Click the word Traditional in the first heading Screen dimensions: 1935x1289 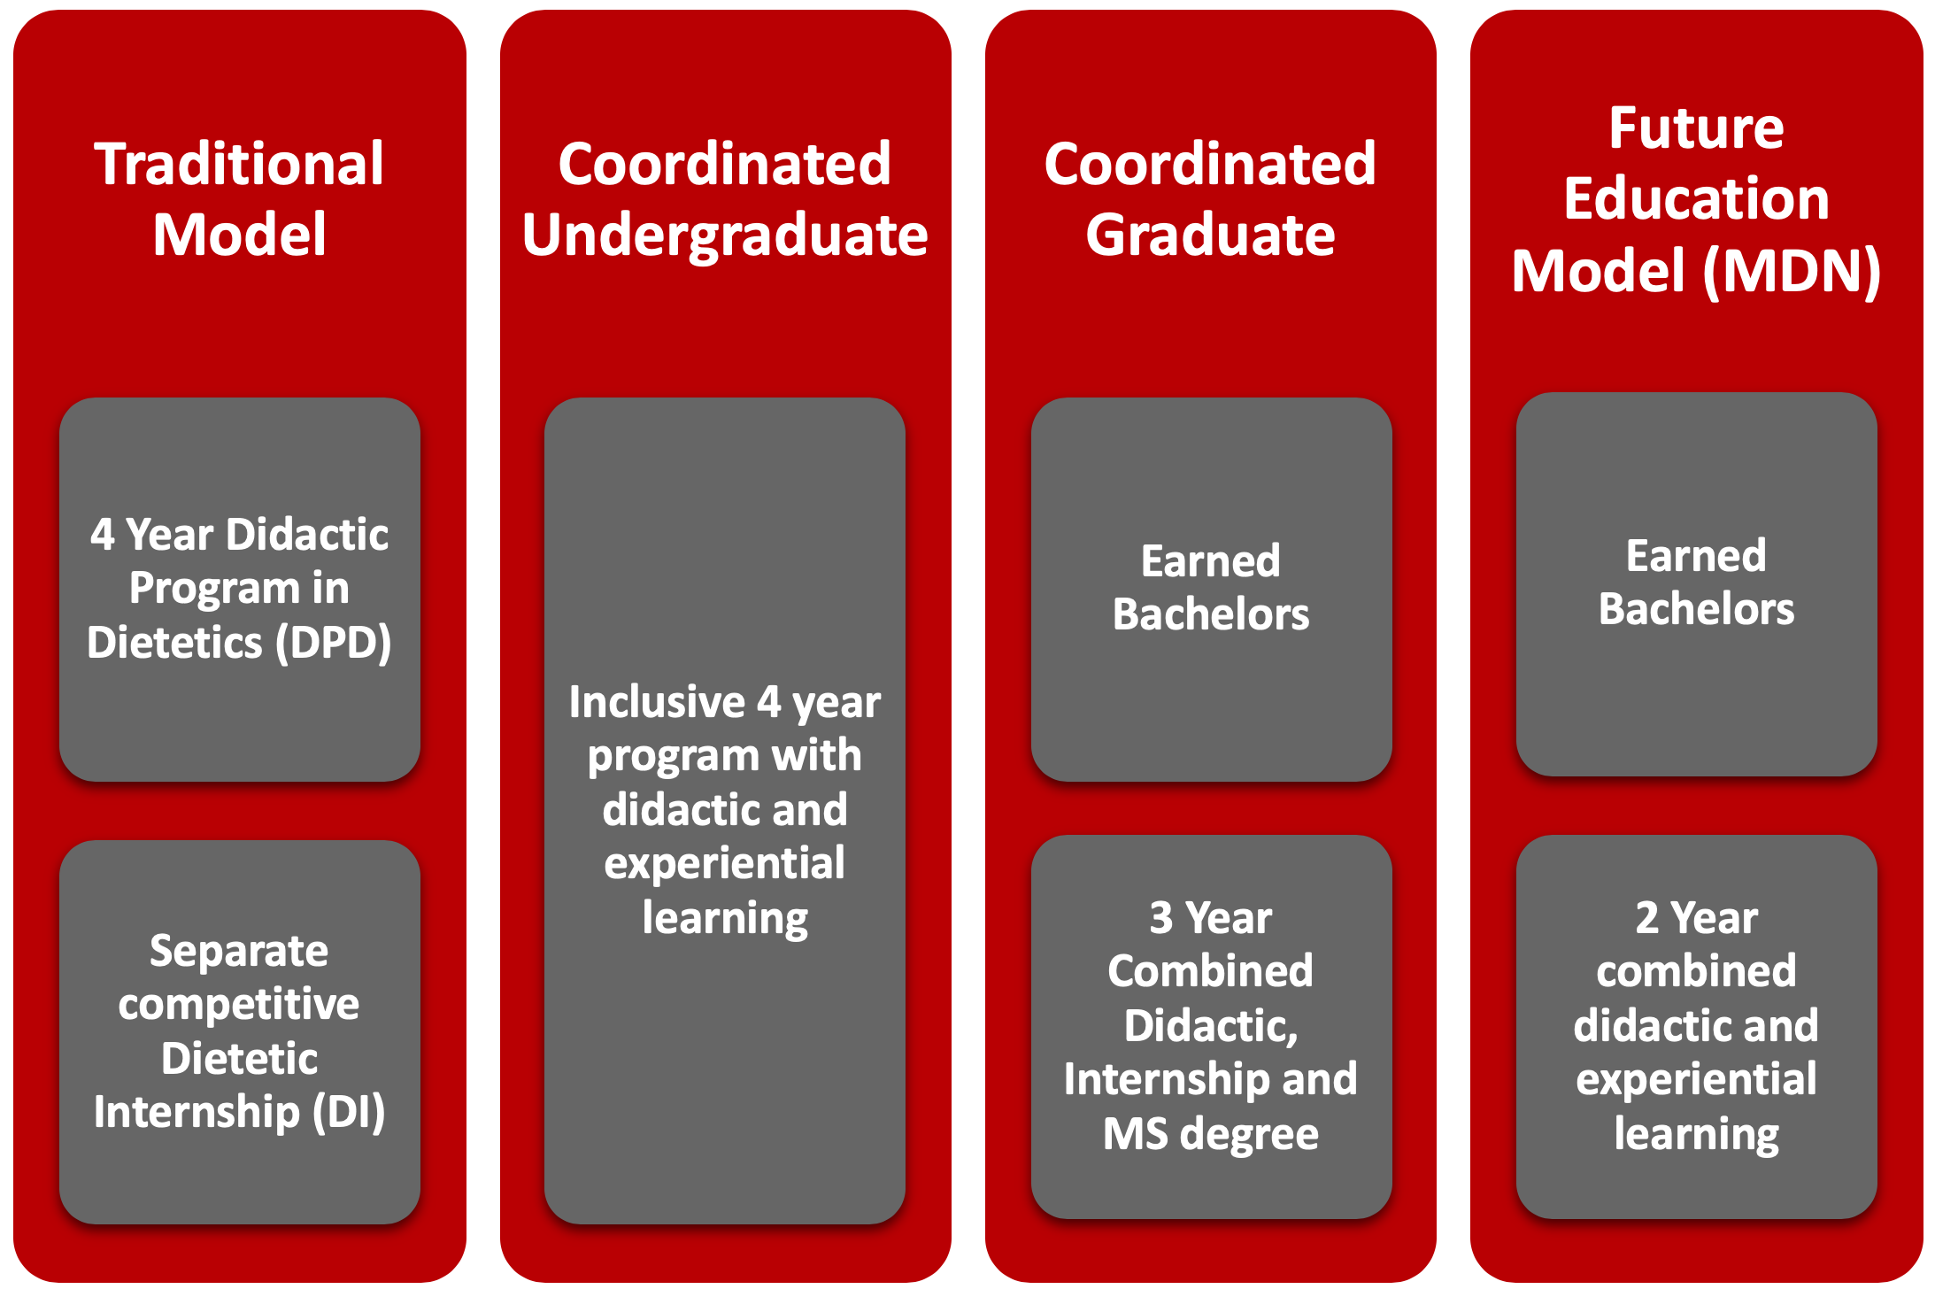pyautogui.click(x=239, y=165)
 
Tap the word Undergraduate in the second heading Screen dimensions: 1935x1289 pyautogui.click(x=725, y=236)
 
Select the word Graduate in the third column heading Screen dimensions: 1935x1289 pyautogui.click(x=1210, y=235)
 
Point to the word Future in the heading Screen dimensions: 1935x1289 pyautogui.click(x=1696, y=128)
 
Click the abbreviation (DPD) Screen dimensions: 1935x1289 pyautogui.click(x=333, y=643)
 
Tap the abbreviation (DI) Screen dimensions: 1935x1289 pyautogui.click(x=349, y=1112)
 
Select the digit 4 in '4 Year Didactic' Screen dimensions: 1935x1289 pyautogui.click(x=103, y=536)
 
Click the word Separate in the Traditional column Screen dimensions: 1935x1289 pyautogui.click(x=239, y=951)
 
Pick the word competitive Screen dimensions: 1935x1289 pyautogui.click(x=239, y=1005)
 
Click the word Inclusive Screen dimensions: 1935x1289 pyautogui.click(x=657, y=702)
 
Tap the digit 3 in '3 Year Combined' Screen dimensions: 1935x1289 pyautogui.click(x=1160, y=918)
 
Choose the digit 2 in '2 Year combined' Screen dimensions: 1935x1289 pyautogui.click(x=1646, y=918)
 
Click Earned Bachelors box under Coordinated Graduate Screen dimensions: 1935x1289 pyautogui.click(x=1211, y=590)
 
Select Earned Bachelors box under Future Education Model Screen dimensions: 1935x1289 pyautogui.click(x=1696, y=584)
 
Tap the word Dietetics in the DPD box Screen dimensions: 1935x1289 pyautogui.click(x=174, y=643)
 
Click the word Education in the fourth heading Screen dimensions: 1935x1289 pyautogui.click(x=1696, y=198)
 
